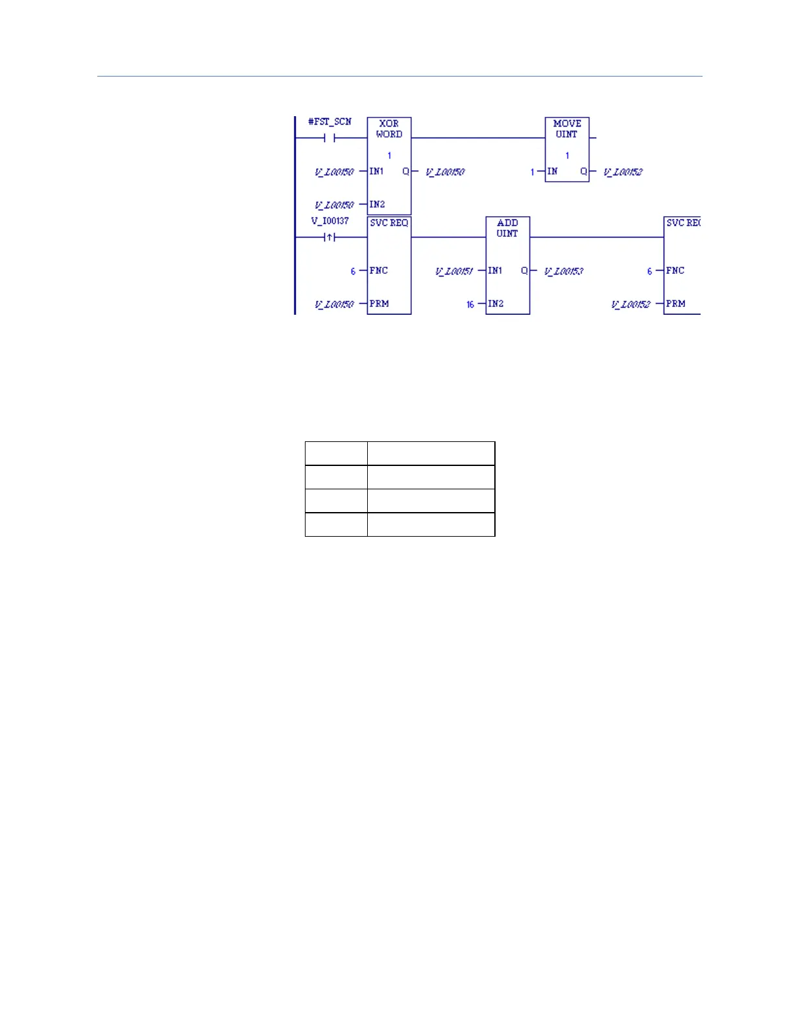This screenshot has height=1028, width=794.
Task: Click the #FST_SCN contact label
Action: coord(330,121)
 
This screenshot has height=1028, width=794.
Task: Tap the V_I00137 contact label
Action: coord(330,221)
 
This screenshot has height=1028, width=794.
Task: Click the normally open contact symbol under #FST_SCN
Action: coord(330,138)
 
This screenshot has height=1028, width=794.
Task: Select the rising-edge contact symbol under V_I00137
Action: coord(330,238)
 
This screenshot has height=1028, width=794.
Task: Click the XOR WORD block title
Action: coord(389,128)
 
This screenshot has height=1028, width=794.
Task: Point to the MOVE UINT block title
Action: coord(567,128)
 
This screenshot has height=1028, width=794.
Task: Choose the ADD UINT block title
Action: coord(507,228)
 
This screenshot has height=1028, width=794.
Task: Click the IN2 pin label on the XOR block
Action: coord(377,204)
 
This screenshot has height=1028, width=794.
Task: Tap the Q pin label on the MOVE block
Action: coord(583,171)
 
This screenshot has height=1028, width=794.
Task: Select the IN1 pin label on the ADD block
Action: coord(495,271)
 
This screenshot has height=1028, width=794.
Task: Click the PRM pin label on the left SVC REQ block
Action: coord(379,304)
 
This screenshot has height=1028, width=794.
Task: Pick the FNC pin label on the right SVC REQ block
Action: coord(675,271)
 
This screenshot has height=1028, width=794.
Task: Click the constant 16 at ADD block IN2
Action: coord(470,304)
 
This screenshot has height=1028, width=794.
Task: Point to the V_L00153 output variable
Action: coord(564,271)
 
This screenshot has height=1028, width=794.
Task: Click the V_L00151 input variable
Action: coord(454,271)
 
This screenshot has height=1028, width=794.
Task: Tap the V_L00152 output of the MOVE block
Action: coord(623,172)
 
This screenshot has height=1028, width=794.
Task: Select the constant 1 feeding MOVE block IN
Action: coord(533,172)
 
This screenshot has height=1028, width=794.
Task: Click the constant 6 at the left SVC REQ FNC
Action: coord(353,271)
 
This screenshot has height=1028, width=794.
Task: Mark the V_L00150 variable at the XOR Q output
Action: coord(445,172)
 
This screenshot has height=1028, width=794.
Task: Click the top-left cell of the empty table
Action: coord(336,453)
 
